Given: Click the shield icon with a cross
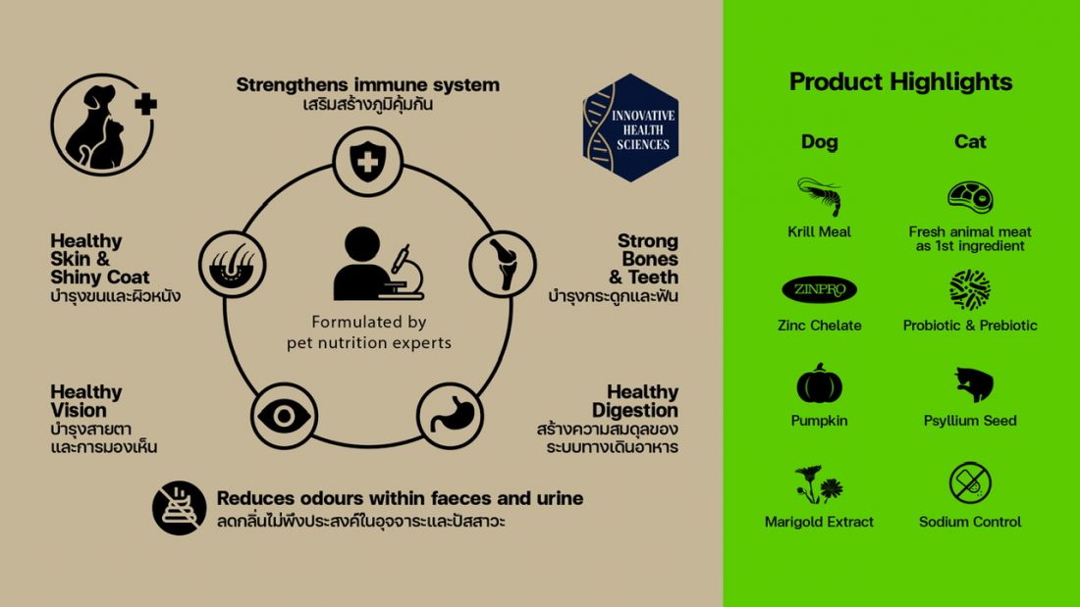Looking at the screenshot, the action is click(x=368, y=161).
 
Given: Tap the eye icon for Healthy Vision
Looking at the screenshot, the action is click(x=284, y=416).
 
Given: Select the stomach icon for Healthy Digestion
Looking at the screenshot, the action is click(x=452, y=415).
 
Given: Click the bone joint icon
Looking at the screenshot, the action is click(x=503, y=264).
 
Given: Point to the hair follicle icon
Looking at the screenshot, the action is click(x=232, y=265).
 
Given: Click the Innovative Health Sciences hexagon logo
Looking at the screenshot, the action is click(x=630, y=127).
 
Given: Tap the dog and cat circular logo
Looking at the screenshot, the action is click(x=103, y=125).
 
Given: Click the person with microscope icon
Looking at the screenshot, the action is click(x=378, y=264).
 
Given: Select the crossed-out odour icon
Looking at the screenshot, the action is click(x=179, y=508).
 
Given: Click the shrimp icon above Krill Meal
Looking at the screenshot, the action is click(x=820, y=196).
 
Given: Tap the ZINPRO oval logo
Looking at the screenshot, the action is click(x=819, y=289).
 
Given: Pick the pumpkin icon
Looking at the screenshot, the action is click(x=819, y=383).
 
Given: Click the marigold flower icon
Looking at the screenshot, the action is click(x=818, y=484).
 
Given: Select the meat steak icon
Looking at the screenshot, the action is click(x=970, y=197).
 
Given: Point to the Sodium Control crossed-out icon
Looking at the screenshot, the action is click(x=970, y=482).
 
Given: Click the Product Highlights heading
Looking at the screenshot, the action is click(x=900, y=82).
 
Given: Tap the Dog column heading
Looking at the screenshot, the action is click(x=819, y=142).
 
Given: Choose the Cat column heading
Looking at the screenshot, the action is click(x=970, y=142).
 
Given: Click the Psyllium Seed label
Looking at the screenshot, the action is click(x=970, y=421).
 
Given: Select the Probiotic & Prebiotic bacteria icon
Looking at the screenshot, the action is click(x=970, y=289).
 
